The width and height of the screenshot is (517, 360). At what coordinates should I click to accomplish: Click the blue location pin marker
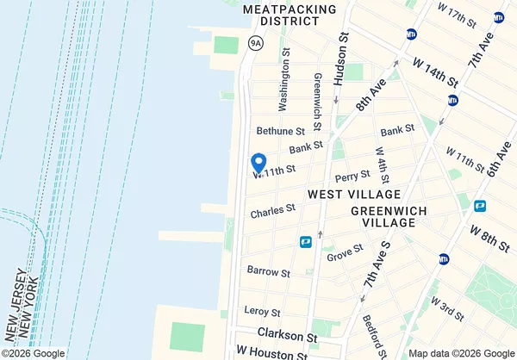pos(257,162)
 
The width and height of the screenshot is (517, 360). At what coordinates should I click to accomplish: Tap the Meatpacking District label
pos(277,14)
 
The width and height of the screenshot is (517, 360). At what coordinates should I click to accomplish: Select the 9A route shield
pos(255,41)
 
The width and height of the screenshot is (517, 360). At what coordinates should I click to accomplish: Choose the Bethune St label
pos(281,131)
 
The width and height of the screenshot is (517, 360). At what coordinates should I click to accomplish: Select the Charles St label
pos(273,210)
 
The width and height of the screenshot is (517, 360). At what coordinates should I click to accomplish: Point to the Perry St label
pos(352,176)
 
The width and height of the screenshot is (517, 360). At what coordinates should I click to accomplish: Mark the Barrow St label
pos(268,271)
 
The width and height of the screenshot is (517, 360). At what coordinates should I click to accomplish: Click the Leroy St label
pos(264,311)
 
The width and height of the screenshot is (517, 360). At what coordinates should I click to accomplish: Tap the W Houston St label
pos(271,354)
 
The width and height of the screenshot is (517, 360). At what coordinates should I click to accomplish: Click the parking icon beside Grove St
pos(305,243)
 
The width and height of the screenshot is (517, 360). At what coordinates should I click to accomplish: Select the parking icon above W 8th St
pos(480,206)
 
